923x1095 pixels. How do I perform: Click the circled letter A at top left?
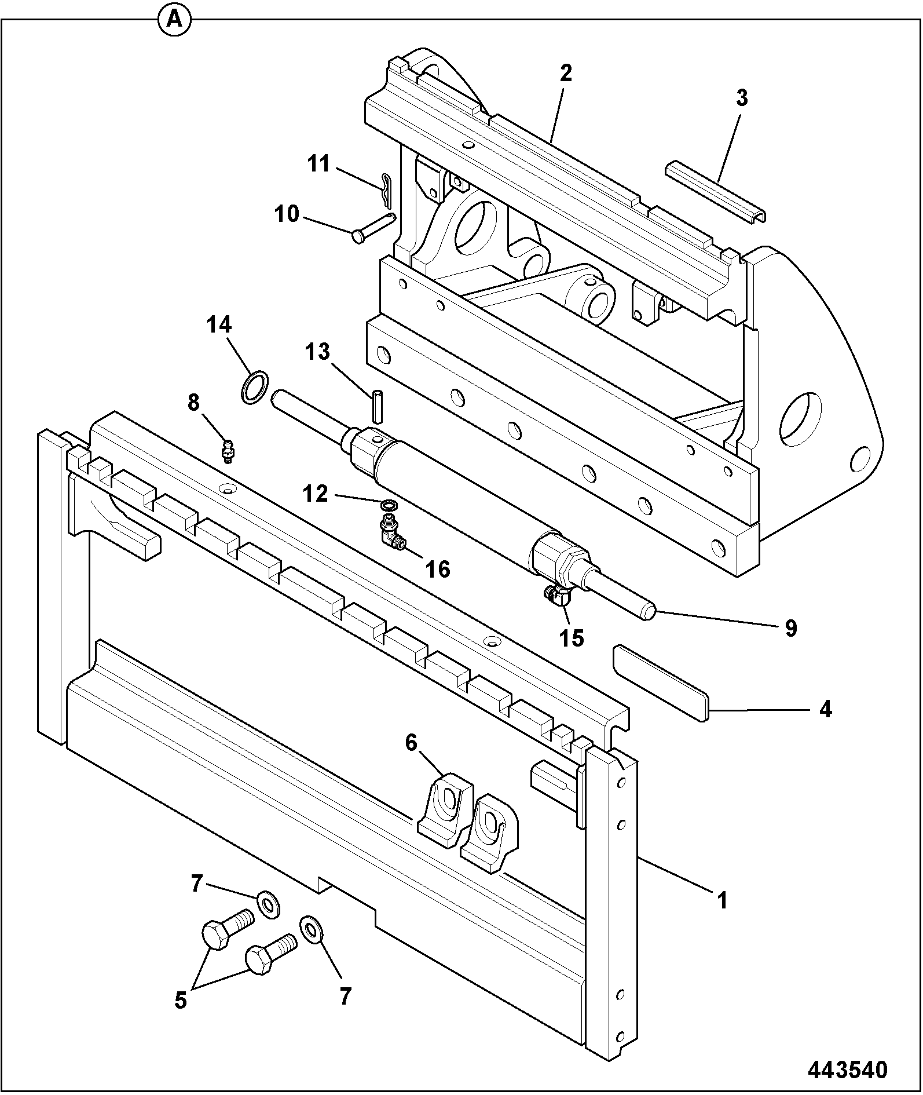[174, 20]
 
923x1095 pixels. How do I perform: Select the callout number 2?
[566, 73]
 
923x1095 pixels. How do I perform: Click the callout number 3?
[742, 98]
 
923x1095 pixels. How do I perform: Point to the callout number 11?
[318, 164]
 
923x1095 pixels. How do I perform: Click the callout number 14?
[220, 324]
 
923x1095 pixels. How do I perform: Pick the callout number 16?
[438, 569]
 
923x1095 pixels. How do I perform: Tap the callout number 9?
[791, 628]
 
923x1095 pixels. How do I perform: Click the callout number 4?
[825, 709]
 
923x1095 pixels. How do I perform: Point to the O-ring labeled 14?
[254, 387]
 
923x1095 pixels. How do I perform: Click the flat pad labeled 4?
[661, 683]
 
